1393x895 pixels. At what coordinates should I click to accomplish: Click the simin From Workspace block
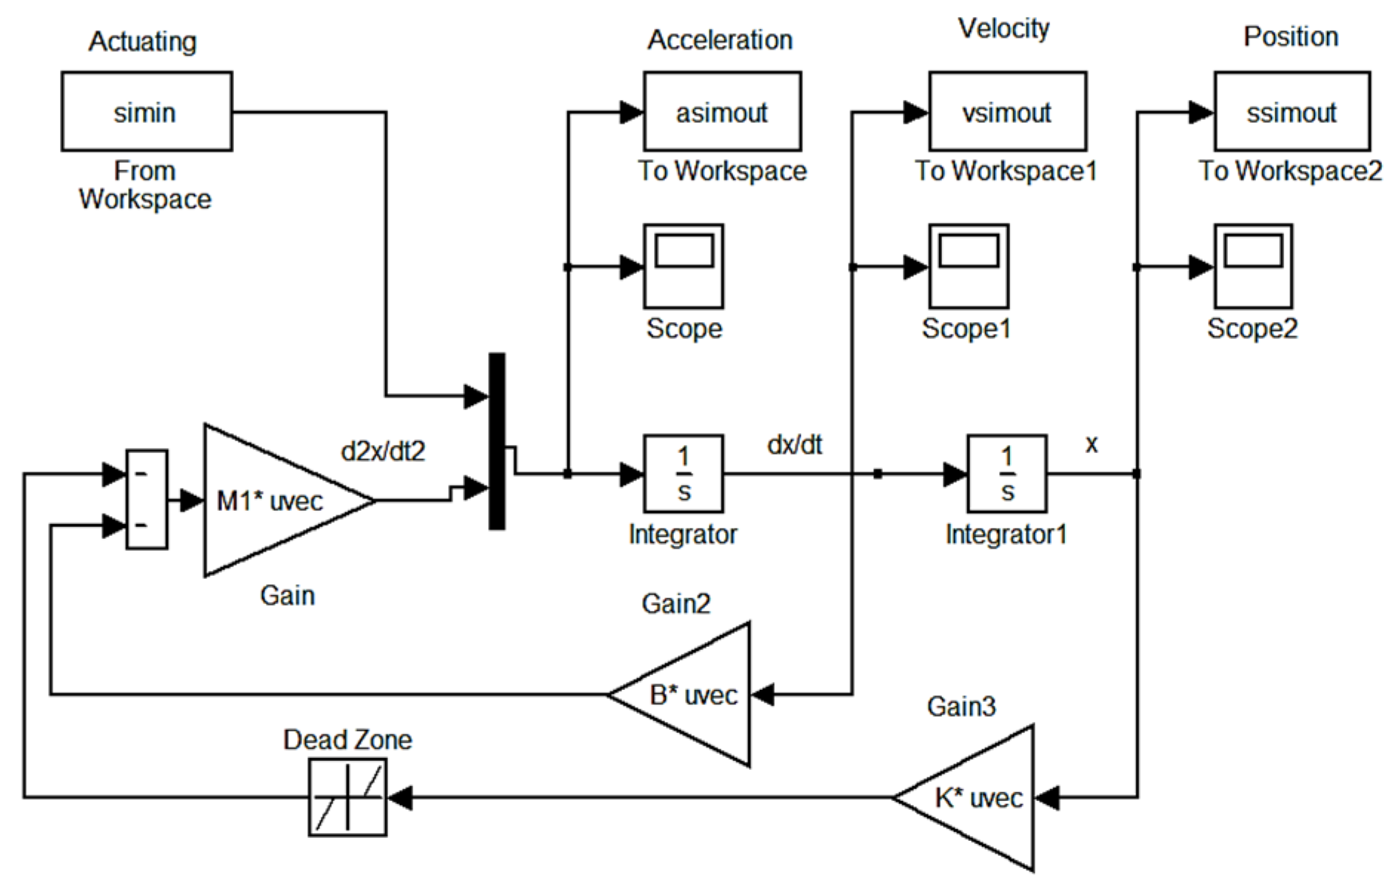[x=146, y=112]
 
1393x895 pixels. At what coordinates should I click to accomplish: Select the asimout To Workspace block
[x=721, y=112]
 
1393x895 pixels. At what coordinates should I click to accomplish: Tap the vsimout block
[x=1006, y=112]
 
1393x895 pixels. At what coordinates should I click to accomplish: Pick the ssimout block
[x=1291, y=112]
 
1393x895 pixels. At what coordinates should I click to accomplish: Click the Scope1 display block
[x=968, y=267]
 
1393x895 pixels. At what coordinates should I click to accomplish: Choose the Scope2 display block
[x=1253, y=267]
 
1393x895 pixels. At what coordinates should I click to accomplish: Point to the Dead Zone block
[x=347, y=798]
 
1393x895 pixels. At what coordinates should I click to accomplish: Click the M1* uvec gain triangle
[x=274, y=501]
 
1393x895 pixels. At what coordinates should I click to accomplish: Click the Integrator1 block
[x=1006, y=474]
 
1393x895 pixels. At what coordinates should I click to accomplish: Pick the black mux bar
[x=497, y=441]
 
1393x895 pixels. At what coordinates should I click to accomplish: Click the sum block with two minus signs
[x=147, y=500]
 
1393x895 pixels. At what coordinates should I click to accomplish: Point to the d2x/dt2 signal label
[x=383, y=451]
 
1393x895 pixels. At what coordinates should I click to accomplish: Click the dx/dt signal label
[x=795, y=444]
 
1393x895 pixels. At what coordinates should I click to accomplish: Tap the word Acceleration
[x=720, y=40]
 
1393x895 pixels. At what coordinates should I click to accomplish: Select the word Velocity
[x=1003, y=29]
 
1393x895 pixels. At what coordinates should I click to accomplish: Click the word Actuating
[x=142, y=41]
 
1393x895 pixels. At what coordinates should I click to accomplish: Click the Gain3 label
[x=961, y=706]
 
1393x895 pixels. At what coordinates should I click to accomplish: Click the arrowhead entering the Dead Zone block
[x=400, y=798]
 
